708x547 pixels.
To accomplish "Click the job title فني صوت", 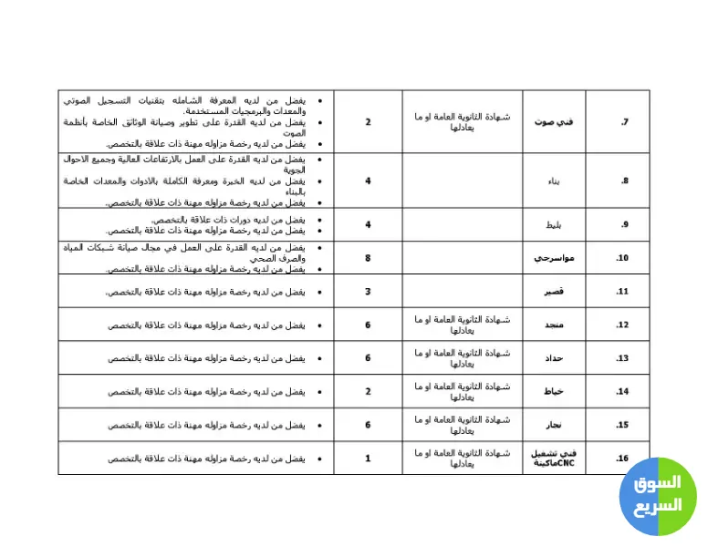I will [554, 122].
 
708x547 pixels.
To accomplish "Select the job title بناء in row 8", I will [554, 181].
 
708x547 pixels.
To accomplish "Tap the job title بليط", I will [554, 224].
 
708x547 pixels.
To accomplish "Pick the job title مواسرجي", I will [554, 258].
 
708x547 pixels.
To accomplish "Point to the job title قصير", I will [554, 292].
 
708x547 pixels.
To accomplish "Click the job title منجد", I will [554, 325].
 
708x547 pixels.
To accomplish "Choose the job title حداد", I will [554, 358].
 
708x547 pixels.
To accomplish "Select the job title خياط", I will [554, 392].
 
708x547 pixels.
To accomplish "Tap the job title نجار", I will [554, 425].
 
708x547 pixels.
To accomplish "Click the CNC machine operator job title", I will [554, 458].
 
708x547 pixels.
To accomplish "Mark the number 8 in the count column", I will [368, 258].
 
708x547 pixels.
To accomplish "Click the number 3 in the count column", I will [368, 292].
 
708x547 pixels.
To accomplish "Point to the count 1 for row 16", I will [368, 458].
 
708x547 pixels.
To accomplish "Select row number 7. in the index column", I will [625, 122].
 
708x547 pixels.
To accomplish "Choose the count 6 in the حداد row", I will [368, 358].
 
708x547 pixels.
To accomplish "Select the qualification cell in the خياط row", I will [462, 392].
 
